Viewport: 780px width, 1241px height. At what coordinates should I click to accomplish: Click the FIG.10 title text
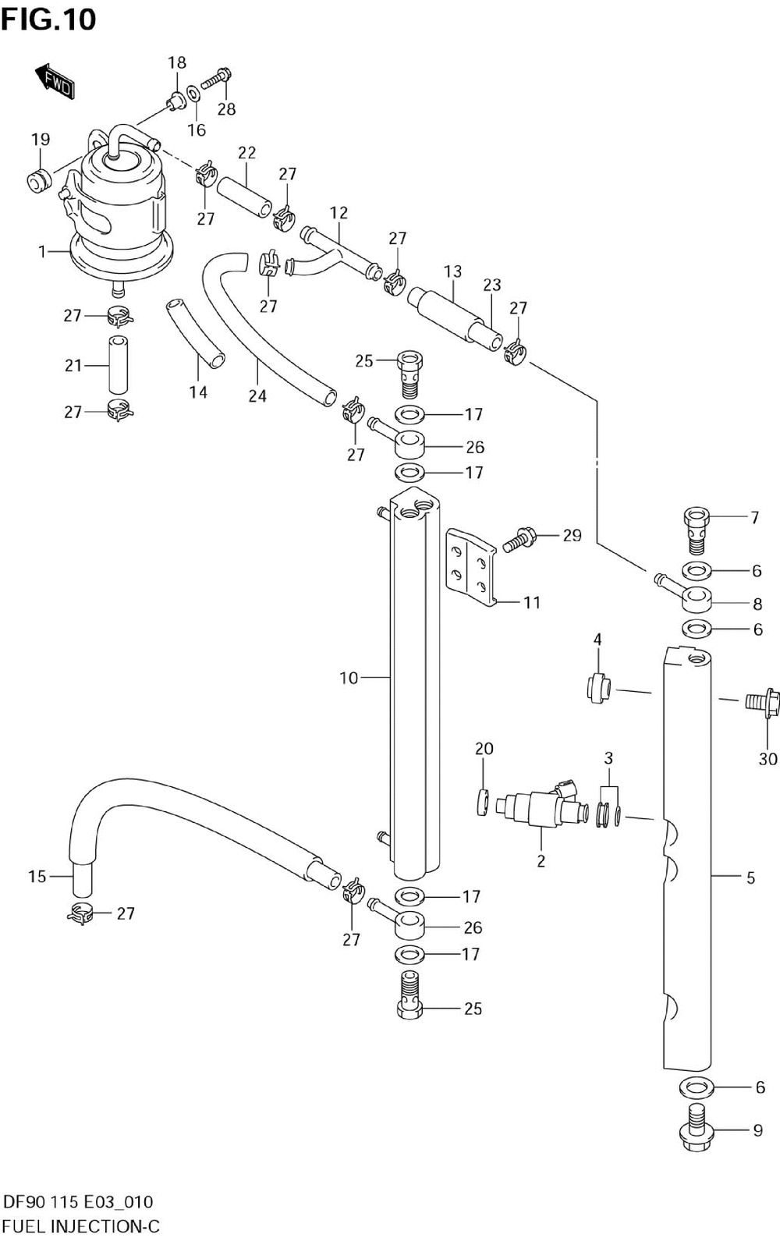point(48,19)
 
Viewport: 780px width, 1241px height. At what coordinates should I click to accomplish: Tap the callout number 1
point(42,251)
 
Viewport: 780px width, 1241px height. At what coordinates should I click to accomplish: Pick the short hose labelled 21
point(117,364)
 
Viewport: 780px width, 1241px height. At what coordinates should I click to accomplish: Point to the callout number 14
point(198,392)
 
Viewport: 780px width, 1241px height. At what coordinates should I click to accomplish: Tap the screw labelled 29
point(518,539)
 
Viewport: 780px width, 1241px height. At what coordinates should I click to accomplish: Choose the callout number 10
point(349,678)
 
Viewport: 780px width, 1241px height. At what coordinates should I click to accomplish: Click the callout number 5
point(750,878)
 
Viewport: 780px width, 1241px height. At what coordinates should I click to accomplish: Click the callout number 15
point(37,876)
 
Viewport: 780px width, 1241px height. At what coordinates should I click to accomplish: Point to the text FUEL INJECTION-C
point(81,1225)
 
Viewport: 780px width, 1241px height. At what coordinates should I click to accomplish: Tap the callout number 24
point(257,396)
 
